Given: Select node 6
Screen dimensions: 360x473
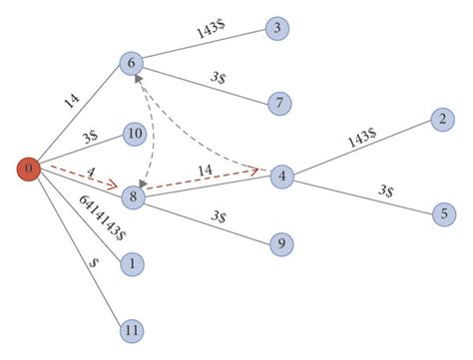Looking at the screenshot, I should click(133, 63).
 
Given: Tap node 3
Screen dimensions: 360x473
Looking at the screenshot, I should click(276, 28).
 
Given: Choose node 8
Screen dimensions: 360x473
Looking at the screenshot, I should click(133, 197).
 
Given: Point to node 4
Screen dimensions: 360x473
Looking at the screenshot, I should click(283, 176).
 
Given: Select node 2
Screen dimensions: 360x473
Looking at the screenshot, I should click(439, 120).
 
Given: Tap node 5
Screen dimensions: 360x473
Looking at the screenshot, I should click(440, 212).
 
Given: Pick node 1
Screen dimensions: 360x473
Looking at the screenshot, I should click(131, 264).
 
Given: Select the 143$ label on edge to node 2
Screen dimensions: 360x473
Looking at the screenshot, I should click(361, 138).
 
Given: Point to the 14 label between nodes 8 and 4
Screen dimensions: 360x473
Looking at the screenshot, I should click(206, 172).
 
